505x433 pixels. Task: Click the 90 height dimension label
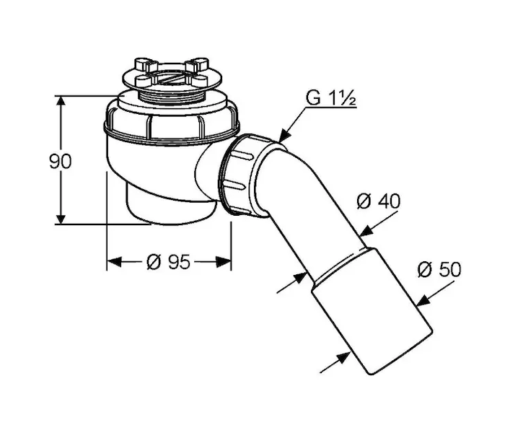60,162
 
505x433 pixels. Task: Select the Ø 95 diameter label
168,261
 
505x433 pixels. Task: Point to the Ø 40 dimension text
379,201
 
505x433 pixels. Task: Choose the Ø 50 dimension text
439,269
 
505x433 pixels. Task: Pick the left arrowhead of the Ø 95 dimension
114,262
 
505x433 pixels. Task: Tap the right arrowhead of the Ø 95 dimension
223,262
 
